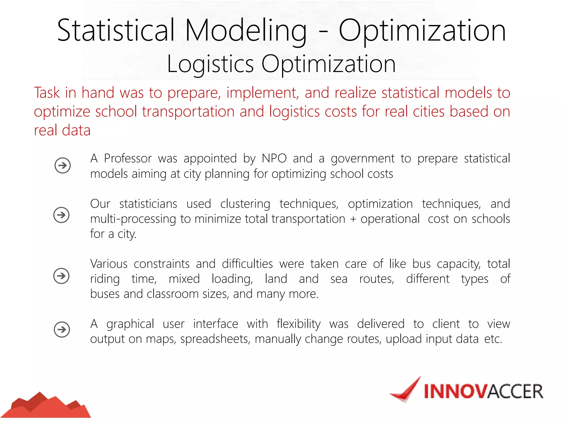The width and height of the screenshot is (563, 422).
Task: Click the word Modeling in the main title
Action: (x=245, y=31)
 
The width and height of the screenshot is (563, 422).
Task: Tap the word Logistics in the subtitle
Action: (x=210, y=64)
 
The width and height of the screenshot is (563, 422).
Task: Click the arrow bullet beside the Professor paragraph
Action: (x=62, y=165)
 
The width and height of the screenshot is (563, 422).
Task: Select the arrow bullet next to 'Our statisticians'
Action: (x=61, y=215)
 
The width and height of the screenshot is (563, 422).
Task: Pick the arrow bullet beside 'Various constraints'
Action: (x=61, y=276)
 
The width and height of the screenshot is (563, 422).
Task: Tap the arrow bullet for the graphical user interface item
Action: (x=62, y=329)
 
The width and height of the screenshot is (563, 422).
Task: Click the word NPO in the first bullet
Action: (x=274, y=159)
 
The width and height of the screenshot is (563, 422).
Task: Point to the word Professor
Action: (x=128, y=159)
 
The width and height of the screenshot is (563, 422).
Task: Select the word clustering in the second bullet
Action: (x=245, y=204)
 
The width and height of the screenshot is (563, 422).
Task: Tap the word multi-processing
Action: (x=133, y=219)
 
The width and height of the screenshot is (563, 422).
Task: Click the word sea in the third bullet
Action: (x=339, y=279)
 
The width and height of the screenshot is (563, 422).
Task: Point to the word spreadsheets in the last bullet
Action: (x=215, y=339)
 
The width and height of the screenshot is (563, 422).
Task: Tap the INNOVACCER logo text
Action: (x=483, y=391)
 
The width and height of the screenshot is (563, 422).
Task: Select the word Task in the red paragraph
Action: (x=47, y=93)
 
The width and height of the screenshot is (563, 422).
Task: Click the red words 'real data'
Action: (x=62, y=130)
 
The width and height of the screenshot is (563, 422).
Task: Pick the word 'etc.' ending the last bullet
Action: (x=493, y=339)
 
